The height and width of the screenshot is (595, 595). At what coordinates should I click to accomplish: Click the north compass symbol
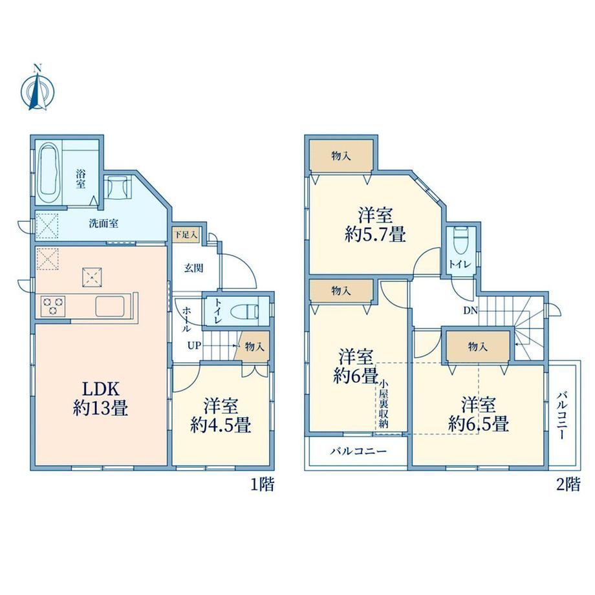[x=38, y=89]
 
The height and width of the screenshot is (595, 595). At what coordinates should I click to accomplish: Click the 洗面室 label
[x=103, y=223]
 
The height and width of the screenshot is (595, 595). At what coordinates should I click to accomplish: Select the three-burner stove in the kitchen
[x=53, y=306]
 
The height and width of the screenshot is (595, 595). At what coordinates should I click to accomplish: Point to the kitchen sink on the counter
[x=110, y=306]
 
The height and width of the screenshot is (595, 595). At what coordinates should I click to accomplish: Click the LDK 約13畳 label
[x=100, y=399]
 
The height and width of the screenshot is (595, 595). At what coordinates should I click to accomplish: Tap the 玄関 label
[x=194, y=268]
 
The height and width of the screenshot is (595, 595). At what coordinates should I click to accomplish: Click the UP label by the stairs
[x=194, y=346]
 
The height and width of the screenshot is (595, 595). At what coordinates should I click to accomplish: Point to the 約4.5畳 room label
[x=221, y=425]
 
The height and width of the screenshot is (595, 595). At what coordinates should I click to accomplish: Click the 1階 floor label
[x=262, y=484]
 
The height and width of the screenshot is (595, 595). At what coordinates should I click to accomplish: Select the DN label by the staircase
[x=470, y=310]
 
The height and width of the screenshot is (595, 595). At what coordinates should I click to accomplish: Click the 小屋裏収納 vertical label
[x=384, y=404]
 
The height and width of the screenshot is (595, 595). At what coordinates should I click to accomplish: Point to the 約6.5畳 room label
[x=479, y=424]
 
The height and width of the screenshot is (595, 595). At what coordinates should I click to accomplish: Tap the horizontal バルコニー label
[x=358, y=451]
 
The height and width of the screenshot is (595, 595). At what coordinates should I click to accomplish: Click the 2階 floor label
[x=568, y=484]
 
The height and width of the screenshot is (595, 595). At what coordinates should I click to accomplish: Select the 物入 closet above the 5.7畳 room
[x=341, y=156]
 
